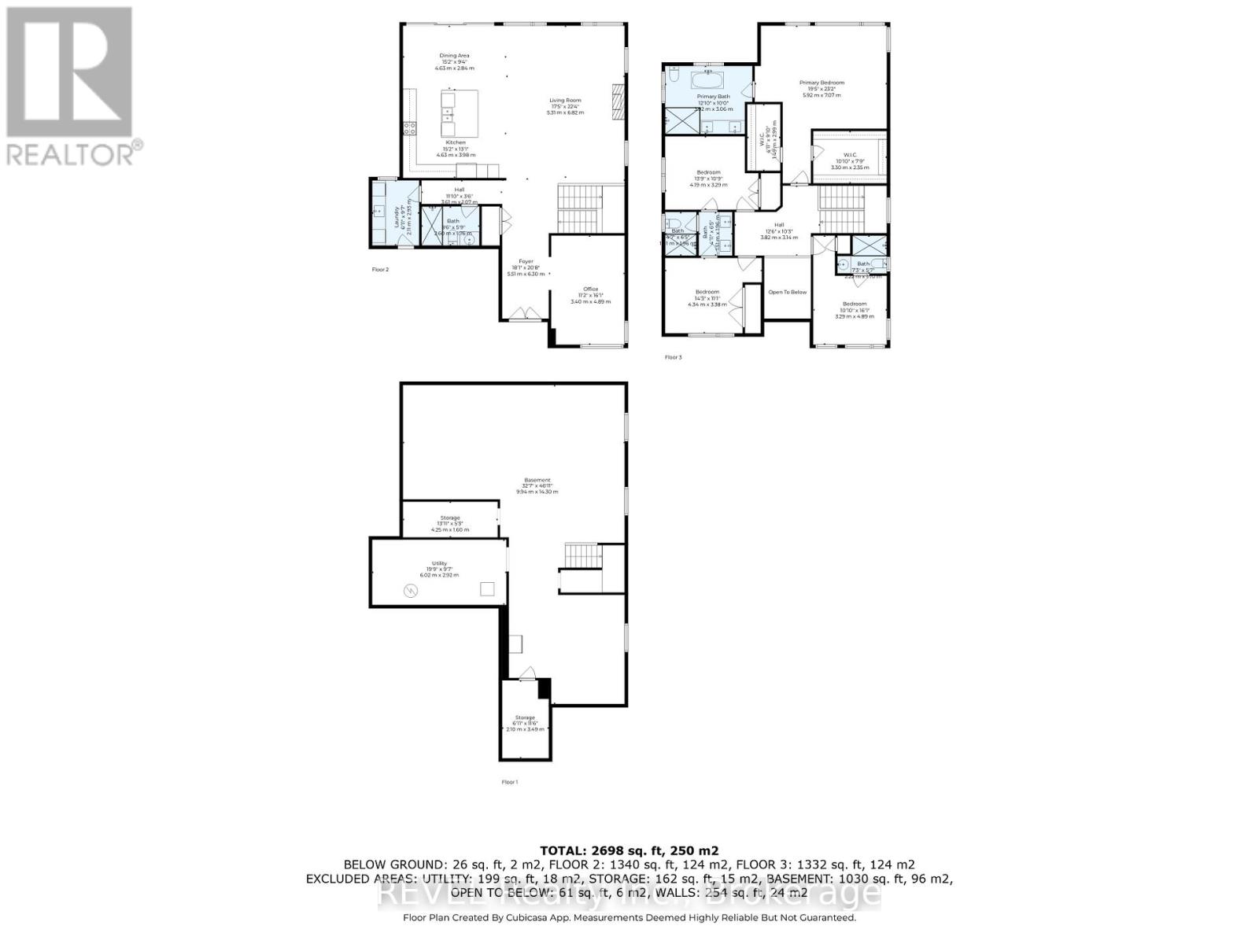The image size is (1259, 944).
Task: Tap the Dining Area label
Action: point(454,56)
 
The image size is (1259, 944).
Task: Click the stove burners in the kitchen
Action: point(409,128)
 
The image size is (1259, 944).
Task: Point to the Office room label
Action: point(590,289)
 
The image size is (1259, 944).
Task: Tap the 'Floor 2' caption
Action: point(380,270)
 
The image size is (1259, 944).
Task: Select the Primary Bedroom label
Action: point(821,83)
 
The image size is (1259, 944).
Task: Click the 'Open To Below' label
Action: point(787,292)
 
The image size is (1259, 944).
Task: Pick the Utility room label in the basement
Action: point(438,563)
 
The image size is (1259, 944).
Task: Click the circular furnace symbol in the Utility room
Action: point(410,590)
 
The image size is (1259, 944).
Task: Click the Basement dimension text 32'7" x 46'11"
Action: point(537,486)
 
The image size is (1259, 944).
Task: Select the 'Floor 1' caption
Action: point(509,782)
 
